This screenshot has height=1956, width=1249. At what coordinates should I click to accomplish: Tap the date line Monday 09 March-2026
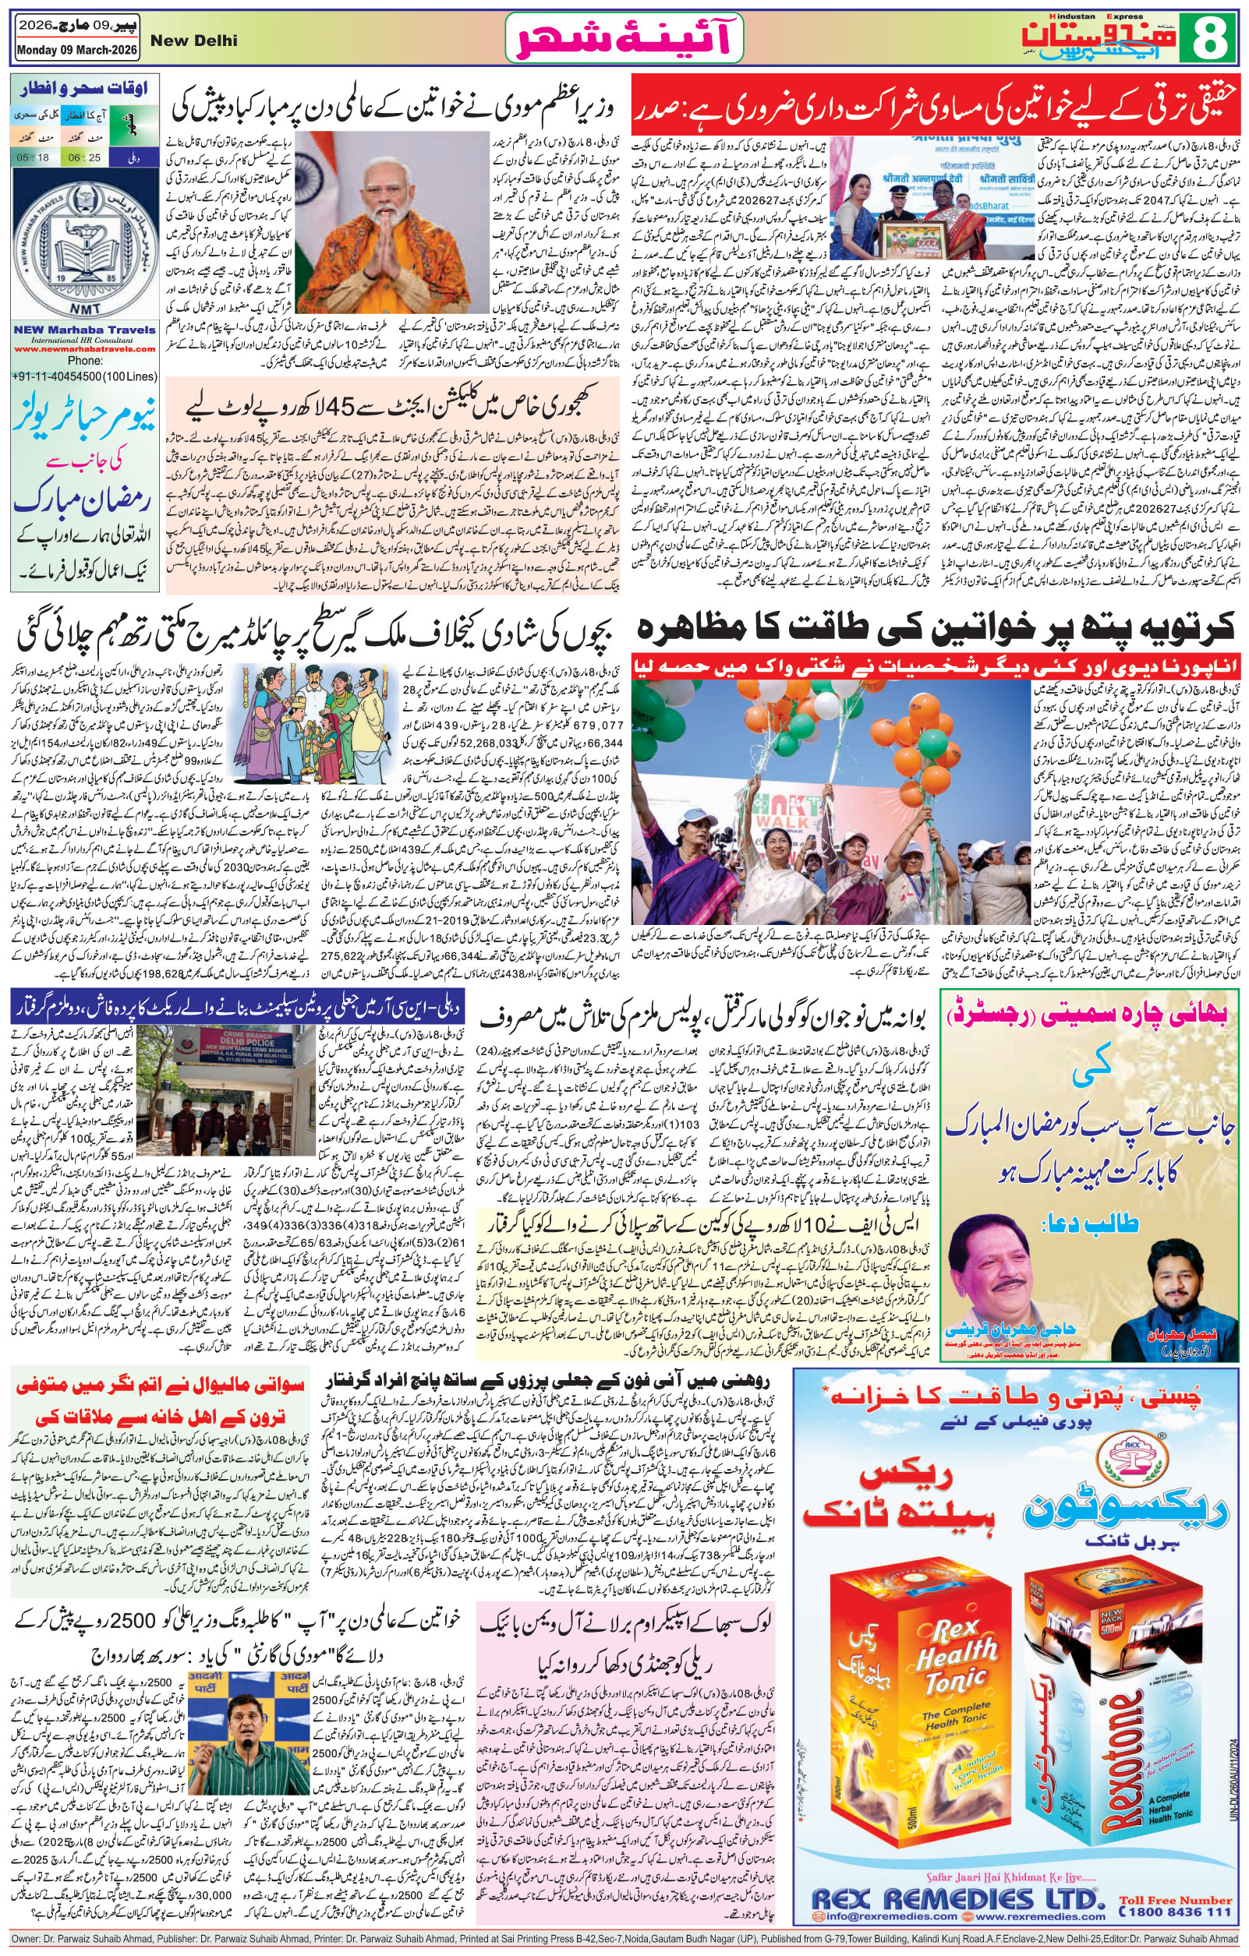point(76,51)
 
